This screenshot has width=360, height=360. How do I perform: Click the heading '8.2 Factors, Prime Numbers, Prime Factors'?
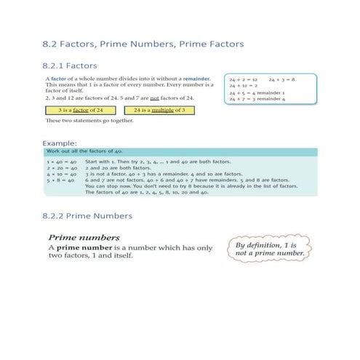[x=143, y=45]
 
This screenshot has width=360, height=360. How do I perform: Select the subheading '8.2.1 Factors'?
[x=74, y=65]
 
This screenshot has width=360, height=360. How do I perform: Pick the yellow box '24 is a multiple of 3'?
[x=161, y=110]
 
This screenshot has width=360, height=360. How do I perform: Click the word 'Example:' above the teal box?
[x=60, y=143]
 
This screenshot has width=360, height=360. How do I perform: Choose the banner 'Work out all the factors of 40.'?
[x=81, y=151]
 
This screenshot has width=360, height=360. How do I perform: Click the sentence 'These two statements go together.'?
[x=83, y=121]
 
